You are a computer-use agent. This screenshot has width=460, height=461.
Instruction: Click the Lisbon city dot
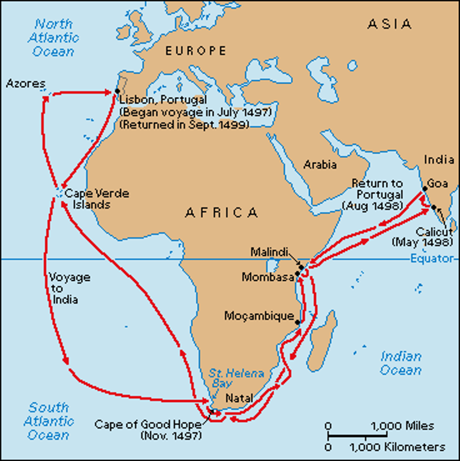pos(117,91)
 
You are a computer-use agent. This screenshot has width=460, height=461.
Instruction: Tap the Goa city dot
pos(425,189)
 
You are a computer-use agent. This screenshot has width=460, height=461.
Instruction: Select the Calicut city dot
pos(434,207)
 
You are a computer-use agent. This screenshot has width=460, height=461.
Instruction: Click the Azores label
pos(25,84)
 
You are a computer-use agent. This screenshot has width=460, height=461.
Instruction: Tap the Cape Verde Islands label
pos(96,199)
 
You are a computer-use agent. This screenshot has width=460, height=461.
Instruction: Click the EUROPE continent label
pos(196,51)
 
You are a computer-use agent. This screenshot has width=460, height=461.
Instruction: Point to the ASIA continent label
pos(389,24)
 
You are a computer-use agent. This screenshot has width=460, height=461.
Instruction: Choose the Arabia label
pos(320,165)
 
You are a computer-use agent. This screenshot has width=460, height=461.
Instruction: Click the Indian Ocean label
pos(401,363)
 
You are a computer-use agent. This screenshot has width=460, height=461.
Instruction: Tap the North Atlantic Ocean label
pos(53,38)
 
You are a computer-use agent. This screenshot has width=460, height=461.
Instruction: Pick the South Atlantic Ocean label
pos(48,421)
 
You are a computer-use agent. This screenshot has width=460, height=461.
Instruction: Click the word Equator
pos(432,259)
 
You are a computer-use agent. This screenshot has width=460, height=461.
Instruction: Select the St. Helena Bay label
pos(236,378)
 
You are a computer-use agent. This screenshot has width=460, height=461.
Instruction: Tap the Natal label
pos(239,398)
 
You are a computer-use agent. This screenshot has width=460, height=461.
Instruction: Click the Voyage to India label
pos(69,288)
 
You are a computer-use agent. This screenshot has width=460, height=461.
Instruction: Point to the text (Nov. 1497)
pos(170,436)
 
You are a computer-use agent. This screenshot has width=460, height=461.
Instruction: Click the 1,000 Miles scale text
pos(402,426)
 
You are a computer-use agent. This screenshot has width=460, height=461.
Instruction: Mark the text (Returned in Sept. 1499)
pos(184,125)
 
